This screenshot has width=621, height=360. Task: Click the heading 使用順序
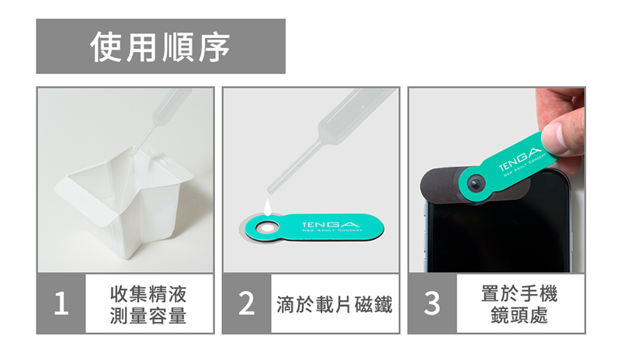click(161, 47)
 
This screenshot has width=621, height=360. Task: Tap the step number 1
click(61, 303)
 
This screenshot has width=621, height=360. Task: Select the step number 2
click(246, 303)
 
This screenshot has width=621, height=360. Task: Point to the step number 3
click(432, 303)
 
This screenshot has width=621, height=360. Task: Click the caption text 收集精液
click(148, 294)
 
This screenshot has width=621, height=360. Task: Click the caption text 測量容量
click(148, 316)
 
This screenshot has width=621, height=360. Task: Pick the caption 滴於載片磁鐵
click(335, 304)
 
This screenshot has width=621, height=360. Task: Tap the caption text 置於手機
click(519, 293)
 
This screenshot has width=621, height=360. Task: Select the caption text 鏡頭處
click(519, 315)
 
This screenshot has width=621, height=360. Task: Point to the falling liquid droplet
click(268, 207)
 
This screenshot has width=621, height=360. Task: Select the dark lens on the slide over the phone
click(475, 184)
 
